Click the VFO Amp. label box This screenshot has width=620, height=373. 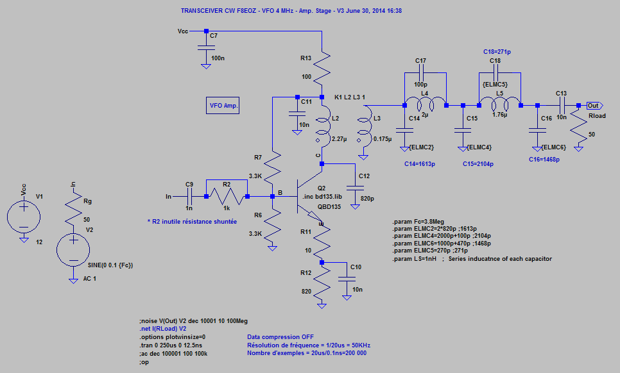pyautogui.click(x=223, y=105)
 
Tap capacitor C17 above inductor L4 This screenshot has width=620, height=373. pyautogui.click(x=420, y=74)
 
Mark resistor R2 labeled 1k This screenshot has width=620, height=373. pyautogui.click(x=227, y=196)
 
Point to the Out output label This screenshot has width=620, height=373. pyautogui.click(x=594, y=105)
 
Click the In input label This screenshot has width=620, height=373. pyautogui.click(x=169, y=196)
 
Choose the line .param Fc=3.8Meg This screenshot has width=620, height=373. pyautogui.click(x=418, y=221)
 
